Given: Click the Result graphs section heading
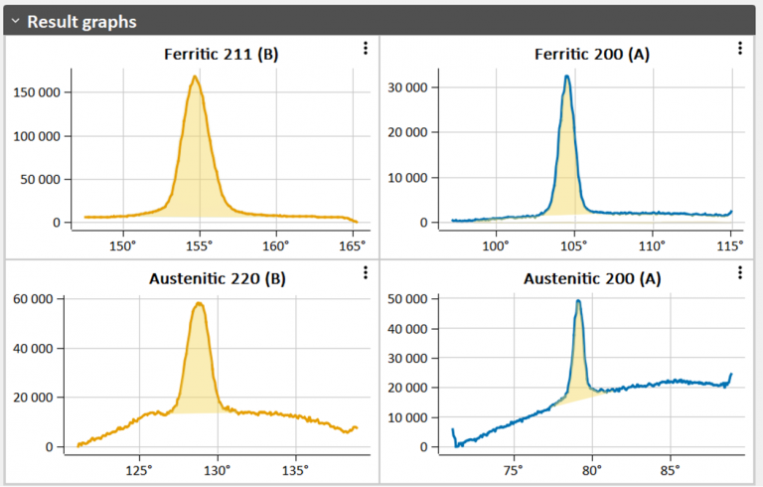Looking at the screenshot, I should click(x=81, y=21).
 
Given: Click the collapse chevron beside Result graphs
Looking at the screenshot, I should click(x=15, y=21).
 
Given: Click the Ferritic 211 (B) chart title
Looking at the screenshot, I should click(x=221, y=54).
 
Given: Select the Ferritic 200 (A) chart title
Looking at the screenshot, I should click(x=592, y=54).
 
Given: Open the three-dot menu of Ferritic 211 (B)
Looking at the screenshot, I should click(x=365, y=48).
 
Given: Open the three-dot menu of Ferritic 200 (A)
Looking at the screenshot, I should click(x=739, y=48).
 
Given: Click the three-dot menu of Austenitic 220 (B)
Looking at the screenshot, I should click(x=365, y=272).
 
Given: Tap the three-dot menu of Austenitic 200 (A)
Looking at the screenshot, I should click(x=739, y=272).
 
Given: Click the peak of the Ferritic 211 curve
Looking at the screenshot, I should click(x=196, y=77).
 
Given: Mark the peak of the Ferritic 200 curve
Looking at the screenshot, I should click(x=566, y=76).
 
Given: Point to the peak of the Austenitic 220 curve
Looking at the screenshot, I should click(x=201, y=303).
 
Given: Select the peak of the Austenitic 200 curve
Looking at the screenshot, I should click(x=577, y=300).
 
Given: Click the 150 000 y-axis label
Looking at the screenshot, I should click(x=37, y=92).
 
